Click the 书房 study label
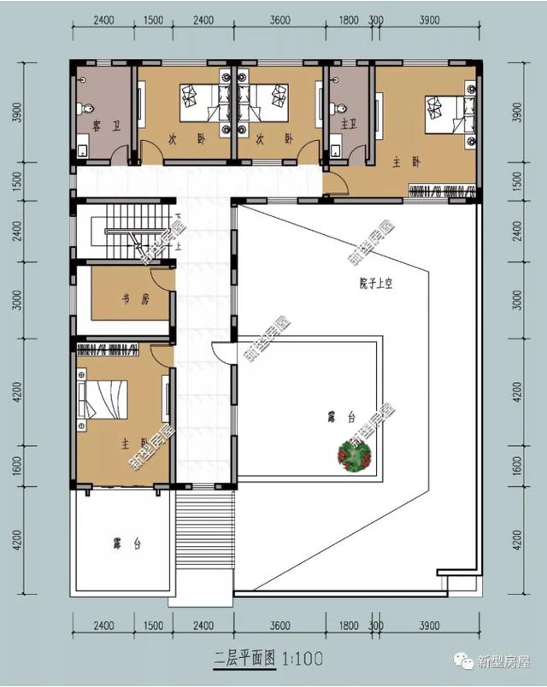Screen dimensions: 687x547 pos(128,299)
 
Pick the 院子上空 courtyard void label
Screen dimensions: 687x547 pos(368,283)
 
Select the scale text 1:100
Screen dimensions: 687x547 pos(301,659)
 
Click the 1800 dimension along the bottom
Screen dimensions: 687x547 pos(349,626)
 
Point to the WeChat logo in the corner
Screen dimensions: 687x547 pos(466,661)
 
